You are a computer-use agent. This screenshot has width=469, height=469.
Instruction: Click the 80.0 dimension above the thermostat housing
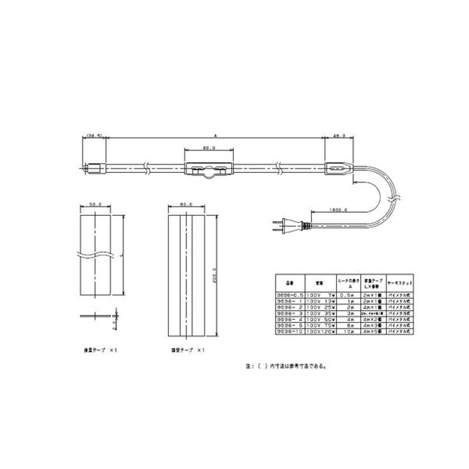tap(209, 148)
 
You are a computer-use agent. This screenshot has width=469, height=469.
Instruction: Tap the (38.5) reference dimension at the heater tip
tap(94, 135)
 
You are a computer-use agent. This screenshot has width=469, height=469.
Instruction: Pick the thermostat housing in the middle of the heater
tap(209, 170)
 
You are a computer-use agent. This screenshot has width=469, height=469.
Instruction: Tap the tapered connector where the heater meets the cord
tap(339, 170)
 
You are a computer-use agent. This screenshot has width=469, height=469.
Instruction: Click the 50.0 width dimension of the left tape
tap(95, 205)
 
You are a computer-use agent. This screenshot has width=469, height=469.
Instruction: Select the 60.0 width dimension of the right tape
tap(186, 205)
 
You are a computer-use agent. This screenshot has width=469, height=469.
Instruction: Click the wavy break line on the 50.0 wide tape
tap(95, 254)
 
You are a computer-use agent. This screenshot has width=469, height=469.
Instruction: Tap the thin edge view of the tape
tap(96, 316)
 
